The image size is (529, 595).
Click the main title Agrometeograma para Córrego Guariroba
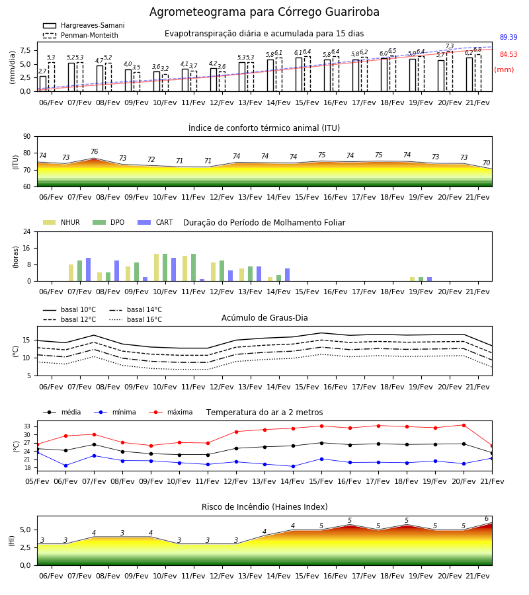[x=264, y=12]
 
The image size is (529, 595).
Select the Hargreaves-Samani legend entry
[x=83, y=25]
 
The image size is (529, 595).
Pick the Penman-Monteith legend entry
[x=81, y=35]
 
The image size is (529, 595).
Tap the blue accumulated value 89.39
[x=509, y=37]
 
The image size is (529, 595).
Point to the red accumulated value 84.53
[x=509, y=54]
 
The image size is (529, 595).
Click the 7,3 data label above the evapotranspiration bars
[x=449, y=46]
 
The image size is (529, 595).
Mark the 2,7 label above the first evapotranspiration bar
[x=42, y=71]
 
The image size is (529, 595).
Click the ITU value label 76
[x=94, y=152]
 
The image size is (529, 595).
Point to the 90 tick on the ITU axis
[x=27, y=137]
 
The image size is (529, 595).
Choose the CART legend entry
[x=155, y=222]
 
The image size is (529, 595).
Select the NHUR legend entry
[x=61, y=222]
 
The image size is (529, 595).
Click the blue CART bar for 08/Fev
[x=116, y=271]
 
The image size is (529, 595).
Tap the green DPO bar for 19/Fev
[x=421, y=279]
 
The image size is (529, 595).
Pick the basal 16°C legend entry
[x=136, y=319]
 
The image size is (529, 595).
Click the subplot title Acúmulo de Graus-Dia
[x=264, y=318]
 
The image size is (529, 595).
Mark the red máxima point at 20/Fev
[x=464, y=425]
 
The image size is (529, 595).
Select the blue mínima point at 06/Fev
[x=65, y=465]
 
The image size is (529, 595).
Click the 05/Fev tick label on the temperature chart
[x=37, y=481]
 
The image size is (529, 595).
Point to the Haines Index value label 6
[x=487, y=519]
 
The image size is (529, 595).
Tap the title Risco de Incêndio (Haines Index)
[x=264, y=507]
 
